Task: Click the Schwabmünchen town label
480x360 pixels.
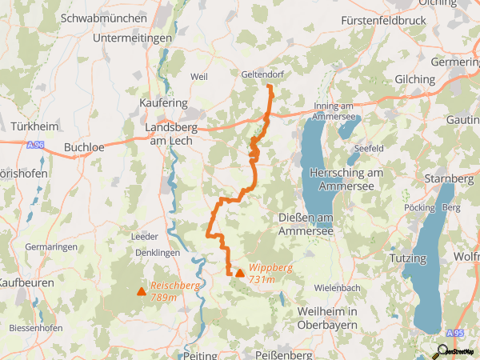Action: (x=104, y=18)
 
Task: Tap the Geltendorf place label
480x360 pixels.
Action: (x=263, y=74)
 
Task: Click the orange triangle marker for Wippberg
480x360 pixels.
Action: (x=239, y=273)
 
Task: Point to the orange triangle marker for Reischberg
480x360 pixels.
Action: (x=142, y=291)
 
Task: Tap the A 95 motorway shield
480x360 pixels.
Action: (x=455, y=333)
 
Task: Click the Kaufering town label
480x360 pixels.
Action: (x=163, y=103)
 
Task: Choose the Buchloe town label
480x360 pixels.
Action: (x=84, y=147)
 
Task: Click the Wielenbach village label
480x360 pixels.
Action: (x=338, y=287)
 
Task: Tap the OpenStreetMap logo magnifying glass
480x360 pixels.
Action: (x=438, y=352)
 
